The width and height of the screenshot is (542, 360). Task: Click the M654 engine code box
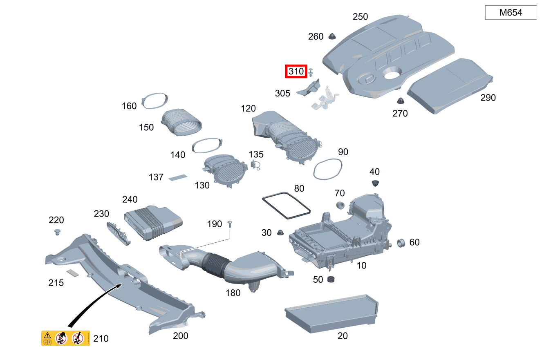click(x=511, y=12)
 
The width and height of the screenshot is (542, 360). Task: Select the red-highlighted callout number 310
click(x=296, y=72)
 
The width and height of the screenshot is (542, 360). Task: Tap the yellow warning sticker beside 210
click(x=65, y=338)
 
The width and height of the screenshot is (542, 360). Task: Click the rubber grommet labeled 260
click(x=332, y=36)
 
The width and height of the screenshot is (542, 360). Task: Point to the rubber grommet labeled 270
click(x=401, y=101)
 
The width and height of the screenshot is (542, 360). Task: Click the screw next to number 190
click(x=230, y=224)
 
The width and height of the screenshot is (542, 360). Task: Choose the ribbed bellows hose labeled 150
click(x=181, y=123)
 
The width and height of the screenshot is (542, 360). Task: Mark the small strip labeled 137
click(x=178, y=178)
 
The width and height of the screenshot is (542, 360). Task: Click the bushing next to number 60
click(x=401, y=243)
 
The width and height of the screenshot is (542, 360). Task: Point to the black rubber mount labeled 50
click(x=331, y=279)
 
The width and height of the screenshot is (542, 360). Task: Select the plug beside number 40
click(x=375, y=183)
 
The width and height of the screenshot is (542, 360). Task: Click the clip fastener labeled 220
click(x=57, y=232)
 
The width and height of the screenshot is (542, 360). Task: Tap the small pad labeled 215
click(x=73, y=273)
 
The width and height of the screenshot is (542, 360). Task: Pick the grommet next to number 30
click(x=280, y=233)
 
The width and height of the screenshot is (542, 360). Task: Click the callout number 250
click(x=360, y=16)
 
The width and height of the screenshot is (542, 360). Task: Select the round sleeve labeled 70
click(x=340, y=205)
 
